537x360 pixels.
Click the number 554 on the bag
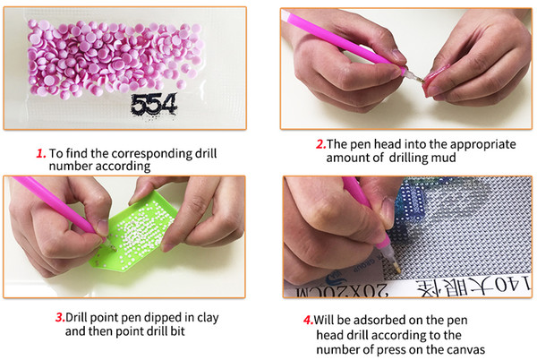[153, 105]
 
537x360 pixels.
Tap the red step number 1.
[41, 153]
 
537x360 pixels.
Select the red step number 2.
[320, 144]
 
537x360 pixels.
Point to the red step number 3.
[60, 318]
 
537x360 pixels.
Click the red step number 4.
[308, 321]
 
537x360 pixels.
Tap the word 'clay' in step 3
[208, 318]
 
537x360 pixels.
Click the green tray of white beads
[133, 233]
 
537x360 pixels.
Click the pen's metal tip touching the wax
[416, 77]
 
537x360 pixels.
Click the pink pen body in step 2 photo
[339, 39]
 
